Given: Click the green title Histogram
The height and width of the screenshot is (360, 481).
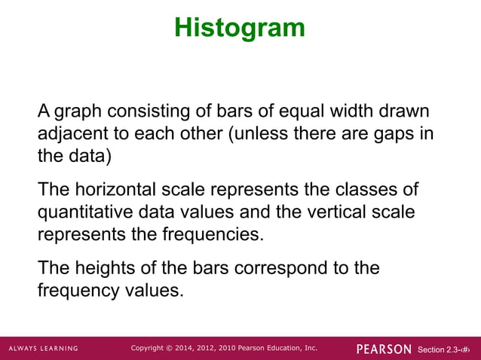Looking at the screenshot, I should coord(240,28).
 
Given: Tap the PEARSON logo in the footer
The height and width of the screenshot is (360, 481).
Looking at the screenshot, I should coord(384,349).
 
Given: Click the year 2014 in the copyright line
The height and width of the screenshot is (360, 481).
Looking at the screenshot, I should coord(188,348).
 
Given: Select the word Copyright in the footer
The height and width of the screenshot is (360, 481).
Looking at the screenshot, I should coord(151,348).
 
